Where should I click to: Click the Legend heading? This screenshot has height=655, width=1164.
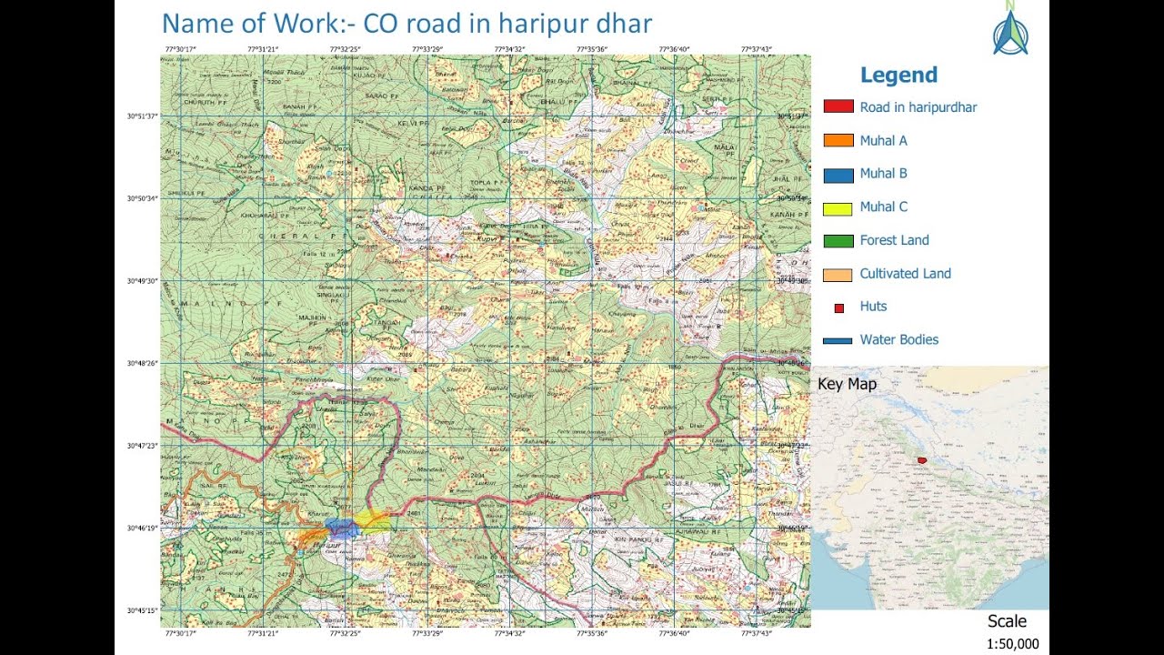point(898,76)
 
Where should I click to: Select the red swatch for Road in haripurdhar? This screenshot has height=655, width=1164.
point(838,107)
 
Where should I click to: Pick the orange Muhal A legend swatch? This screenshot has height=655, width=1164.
point(838,141)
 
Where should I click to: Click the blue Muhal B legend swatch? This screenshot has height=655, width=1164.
point(838,174)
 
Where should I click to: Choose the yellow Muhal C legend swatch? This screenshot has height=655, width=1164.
point(838,207)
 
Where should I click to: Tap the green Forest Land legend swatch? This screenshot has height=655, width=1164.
point(838,241)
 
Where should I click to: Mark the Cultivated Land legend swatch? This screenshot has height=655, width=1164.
point(838,274)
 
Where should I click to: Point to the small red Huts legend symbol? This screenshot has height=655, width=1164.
point(838,308)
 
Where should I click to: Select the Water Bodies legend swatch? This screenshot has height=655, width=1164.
point(838,340)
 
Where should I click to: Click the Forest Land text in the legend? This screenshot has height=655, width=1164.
point(894,240)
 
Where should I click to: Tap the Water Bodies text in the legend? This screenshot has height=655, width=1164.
point(898,339)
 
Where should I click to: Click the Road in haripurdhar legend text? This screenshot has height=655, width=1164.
point(918,107)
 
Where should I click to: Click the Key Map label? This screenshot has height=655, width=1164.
point(847,384)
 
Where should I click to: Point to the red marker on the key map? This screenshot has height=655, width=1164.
point(922,460)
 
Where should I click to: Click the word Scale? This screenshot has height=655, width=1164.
point(1007,621)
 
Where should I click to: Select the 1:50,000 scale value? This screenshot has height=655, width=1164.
point(1012,644)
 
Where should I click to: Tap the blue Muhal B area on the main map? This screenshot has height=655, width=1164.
point(340,527)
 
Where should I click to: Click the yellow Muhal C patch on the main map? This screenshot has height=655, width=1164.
point(372,519)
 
